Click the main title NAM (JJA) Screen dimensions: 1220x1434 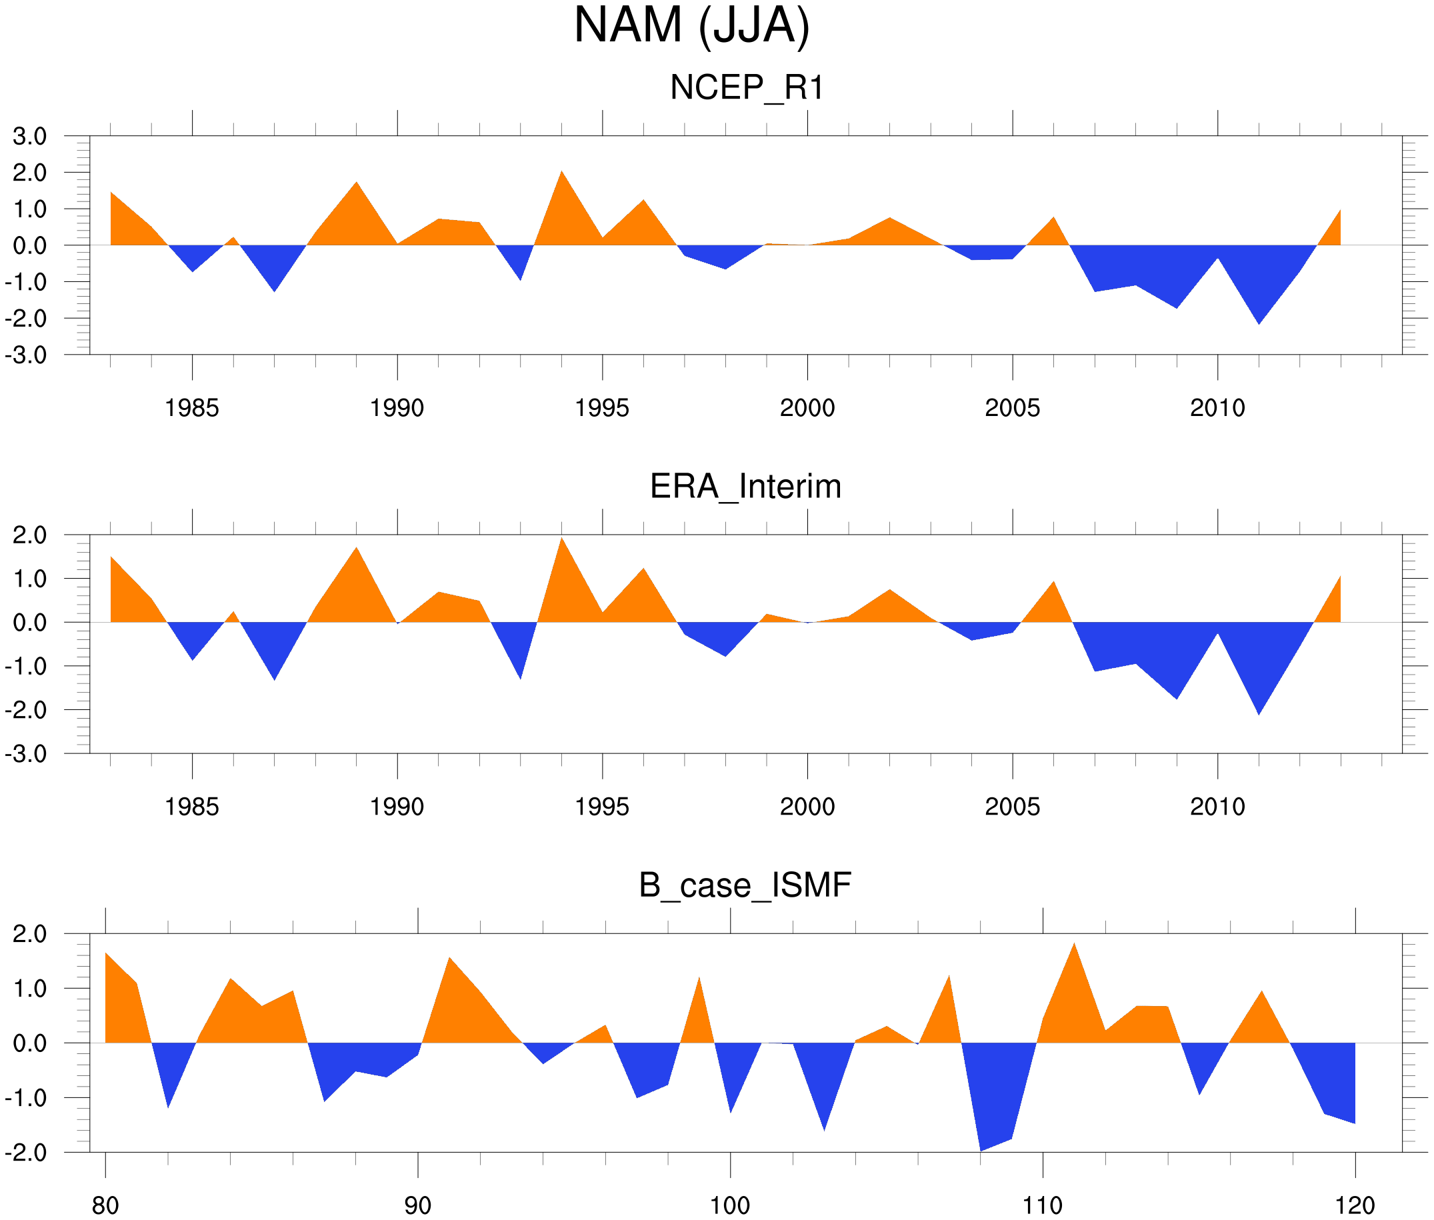[x=691, y=26]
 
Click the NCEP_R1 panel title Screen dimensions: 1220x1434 [x=747, y=88]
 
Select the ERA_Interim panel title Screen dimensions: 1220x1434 [x=745, y=486]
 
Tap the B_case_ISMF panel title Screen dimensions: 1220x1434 [x=745, y=885]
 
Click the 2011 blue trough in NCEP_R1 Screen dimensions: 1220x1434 [x=1259, y=315]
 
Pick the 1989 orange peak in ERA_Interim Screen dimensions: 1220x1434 [x=357, y=557]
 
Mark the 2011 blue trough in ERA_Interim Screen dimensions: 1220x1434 [x=1259, y=705]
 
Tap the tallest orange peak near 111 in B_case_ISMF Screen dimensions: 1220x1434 [x=1074, y=953]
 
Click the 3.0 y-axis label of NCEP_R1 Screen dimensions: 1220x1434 [x=30, y=136]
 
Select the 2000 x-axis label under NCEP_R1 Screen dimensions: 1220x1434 [x=807, y=408]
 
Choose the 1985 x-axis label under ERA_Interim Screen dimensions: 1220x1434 [x=191, y=807]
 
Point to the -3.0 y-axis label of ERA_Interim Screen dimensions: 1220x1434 [x=26, y=754]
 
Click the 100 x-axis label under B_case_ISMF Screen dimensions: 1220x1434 [x=730, y=1205]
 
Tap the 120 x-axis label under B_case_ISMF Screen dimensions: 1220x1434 [x=1355, y=1205]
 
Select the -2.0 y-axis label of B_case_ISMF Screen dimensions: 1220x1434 [x=26, y=1152]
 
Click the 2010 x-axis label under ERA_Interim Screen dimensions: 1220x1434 [x=1217, y=807]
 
